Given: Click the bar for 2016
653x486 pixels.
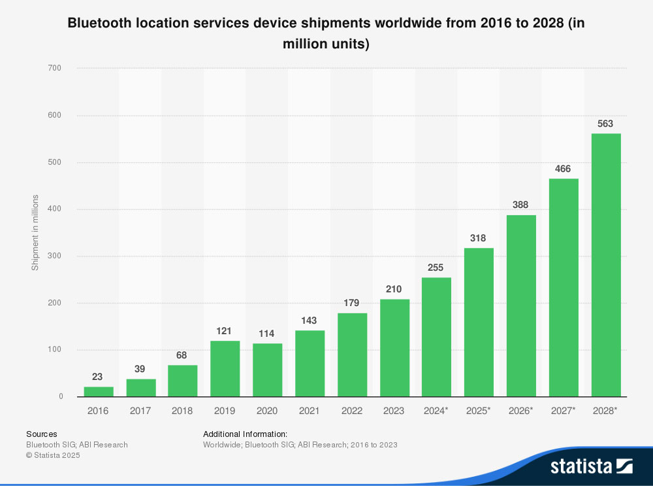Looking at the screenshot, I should (99, 391).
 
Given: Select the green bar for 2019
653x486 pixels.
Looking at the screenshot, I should (225, 368).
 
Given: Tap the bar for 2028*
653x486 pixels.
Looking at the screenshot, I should (606, 265).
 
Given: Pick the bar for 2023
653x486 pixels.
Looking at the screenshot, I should (394, 348).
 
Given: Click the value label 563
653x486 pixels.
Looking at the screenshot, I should (606, 124).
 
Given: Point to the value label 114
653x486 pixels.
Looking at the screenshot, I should (267, 334).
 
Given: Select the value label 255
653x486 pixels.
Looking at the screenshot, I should (436, 268).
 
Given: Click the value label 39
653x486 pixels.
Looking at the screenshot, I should (140, 369).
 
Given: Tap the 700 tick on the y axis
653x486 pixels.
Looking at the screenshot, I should (56, 68).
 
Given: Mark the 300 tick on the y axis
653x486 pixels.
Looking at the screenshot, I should (56, 256).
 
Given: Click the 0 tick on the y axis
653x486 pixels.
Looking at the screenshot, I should (61, 396).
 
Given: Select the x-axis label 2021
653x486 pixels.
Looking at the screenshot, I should (310, 411).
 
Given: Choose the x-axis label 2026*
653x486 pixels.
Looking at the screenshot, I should (521, 411).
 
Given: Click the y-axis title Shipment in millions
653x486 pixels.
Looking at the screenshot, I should (35, 232).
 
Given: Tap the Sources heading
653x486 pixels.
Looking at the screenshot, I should (41, 434).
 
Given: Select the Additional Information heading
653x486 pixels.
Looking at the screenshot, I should (245, 434).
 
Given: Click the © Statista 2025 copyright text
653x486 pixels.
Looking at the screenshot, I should (53, 455).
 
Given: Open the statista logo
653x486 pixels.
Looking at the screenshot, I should (591, 466).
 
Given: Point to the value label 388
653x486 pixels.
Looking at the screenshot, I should (521, 205).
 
